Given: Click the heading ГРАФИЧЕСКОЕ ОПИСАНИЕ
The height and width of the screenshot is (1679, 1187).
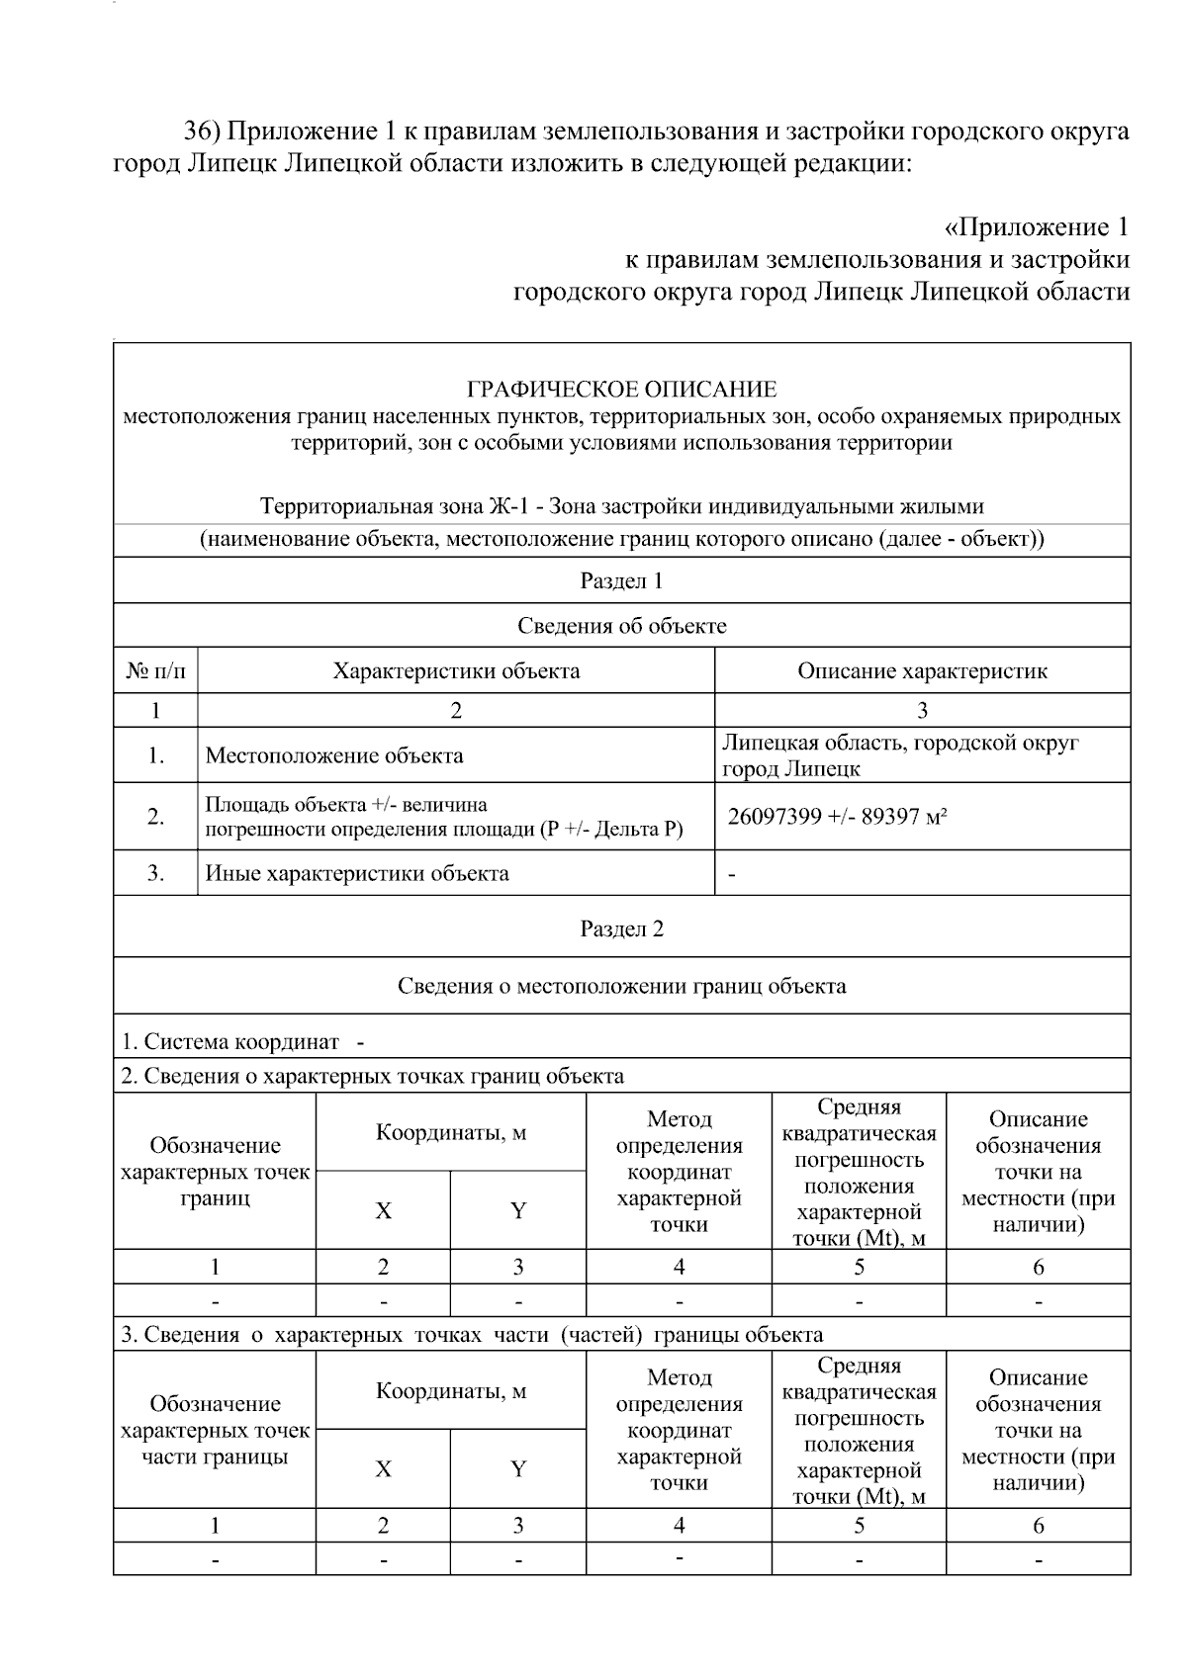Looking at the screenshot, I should tap(621, 389).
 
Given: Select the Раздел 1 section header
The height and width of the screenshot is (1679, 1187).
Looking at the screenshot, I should tap(621, 580).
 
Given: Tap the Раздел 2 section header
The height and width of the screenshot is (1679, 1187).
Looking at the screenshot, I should tap(621, 928).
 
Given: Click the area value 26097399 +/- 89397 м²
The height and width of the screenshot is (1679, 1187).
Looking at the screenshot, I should tap(838, 817).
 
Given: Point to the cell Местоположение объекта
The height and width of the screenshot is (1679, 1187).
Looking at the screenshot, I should tap(334, 755).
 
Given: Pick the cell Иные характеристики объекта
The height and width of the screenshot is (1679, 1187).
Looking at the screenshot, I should tap(357, 873).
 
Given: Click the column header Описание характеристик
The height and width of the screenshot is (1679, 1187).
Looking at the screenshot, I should tap(922, 670).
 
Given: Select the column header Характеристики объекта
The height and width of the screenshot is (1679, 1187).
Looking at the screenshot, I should tap(456, 670).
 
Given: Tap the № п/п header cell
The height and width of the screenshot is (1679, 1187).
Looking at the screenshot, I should tap(155, 670).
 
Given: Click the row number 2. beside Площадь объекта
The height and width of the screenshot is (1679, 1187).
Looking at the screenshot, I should tap(155, 817).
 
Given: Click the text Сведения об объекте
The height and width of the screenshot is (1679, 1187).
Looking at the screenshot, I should tap(621, 625).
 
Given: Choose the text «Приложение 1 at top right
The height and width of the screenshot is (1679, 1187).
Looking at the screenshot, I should tap(1037, 227).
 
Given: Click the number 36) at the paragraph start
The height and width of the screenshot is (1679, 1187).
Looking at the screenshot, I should tap(206, 132).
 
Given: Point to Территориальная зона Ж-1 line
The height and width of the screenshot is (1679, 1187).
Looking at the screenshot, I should tap(621, 506).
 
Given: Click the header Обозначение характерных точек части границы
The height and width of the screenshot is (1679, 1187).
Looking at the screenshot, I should tap(215, 1430).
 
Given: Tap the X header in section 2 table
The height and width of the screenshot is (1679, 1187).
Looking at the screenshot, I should tap(383, 1210).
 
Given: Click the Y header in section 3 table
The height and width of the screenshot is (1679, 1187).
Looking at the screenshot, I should tap(517, 1468).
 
